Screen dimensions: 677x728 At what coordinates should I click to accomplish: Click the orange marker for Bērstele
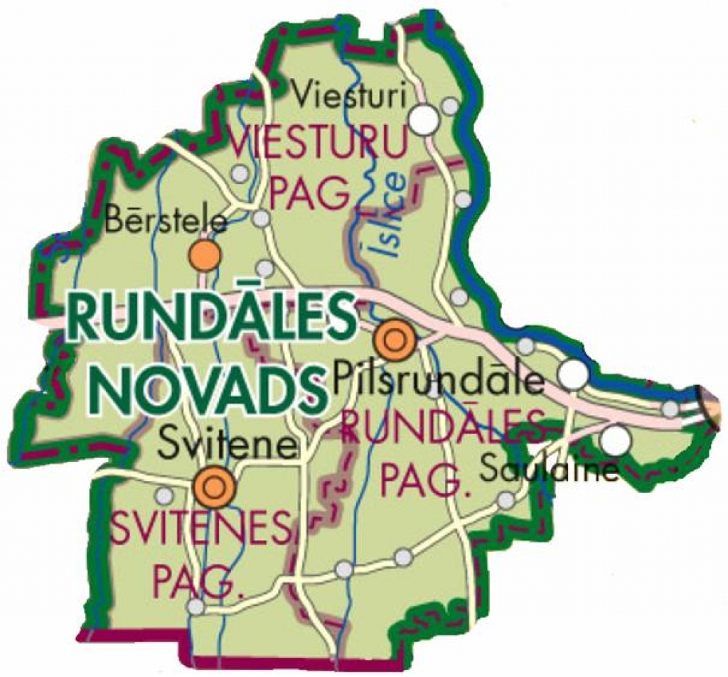[205, 255]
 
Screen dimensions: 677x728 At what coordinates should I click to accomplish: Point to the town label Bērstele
[166, 221]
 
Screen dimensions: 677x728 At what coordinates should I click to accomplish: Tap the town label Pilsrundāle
[439, 381]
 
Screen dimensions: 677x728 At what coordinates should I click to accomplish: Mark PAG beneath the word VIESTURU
[313, 192]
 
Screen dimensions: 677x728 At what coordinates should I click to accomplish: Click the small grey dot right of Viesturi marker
[450, 106]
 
